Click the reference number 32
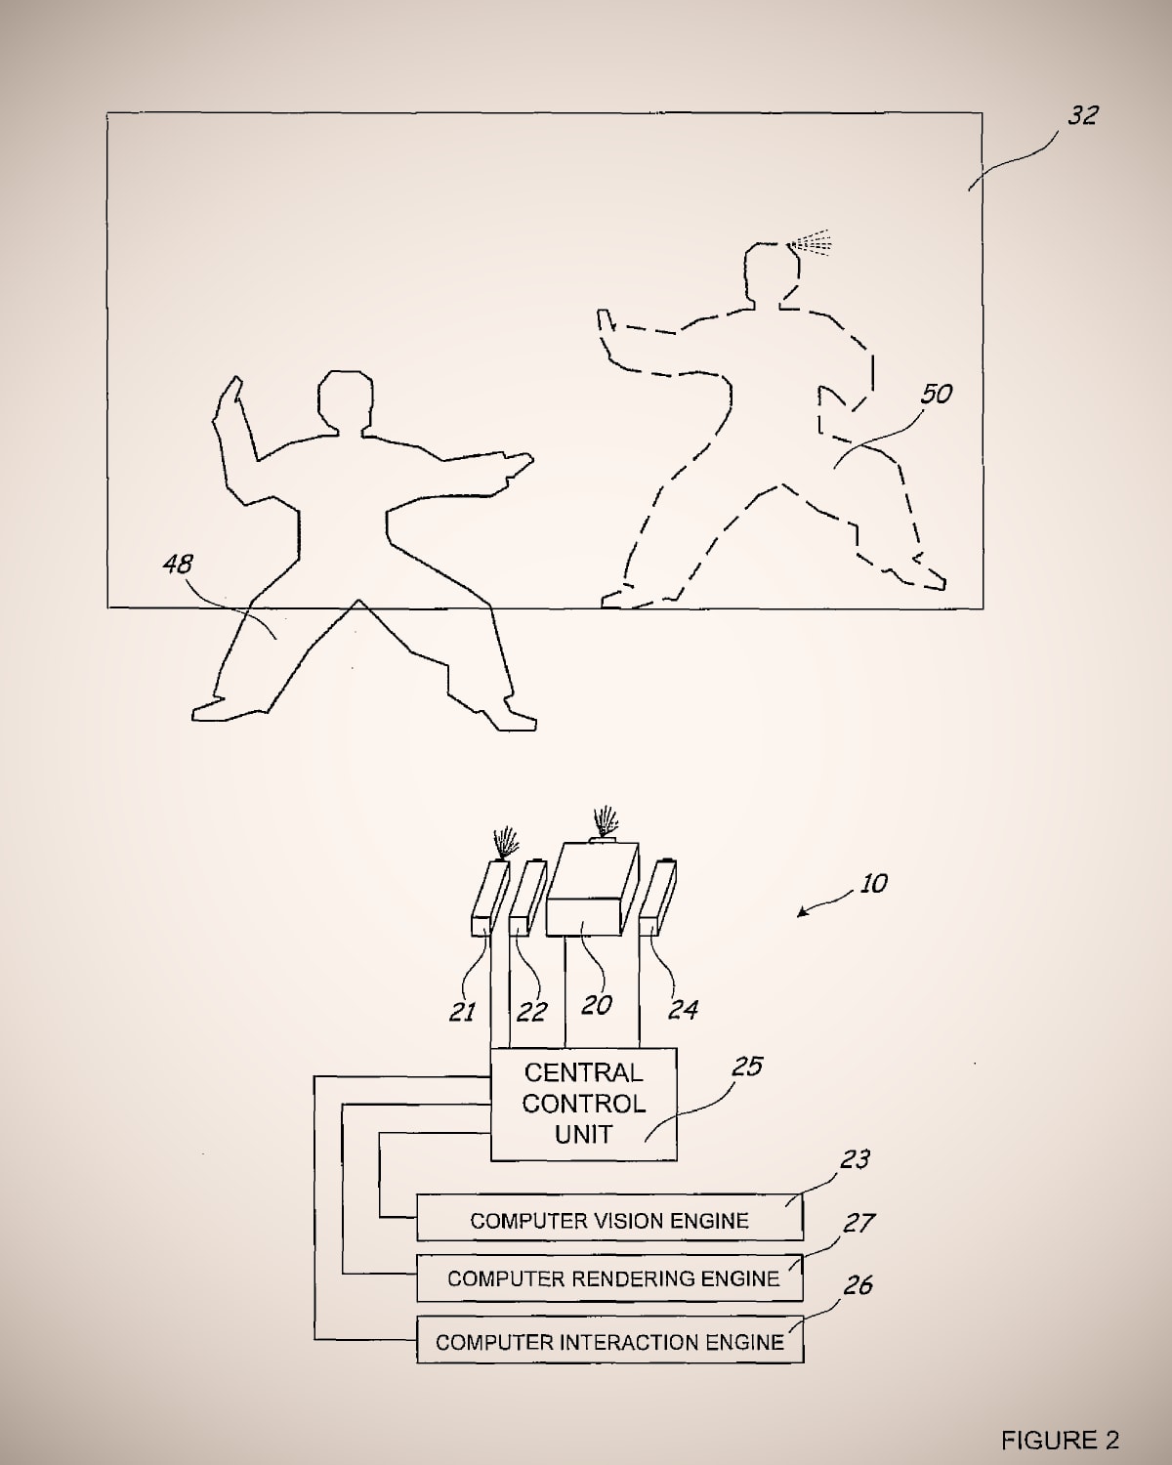[1082, 115]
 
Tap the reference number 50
[937, 394]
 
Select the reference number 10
[874, 884]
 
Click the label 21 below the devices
[462, 1012]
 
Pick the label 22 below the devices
[531, 1012]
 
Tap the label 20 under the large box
[597, 1005]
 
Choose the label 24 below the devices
[683, 1009]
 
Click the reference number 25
[747, 1067]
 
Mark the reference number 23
[855, 1158]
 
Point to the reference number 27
[858, 1224]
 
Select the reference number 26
[858, 1284]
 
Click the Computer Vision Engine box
[609, 1217]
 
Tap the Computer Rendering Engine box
[609, 1277]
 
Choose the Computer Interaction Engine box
[609, 1340]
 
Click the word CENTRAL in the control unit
[584, 1073]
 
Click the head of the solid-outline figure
[346, 401]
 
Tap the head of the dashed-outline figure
[772, 273]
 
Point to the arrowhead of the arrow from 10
[802, 911]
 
